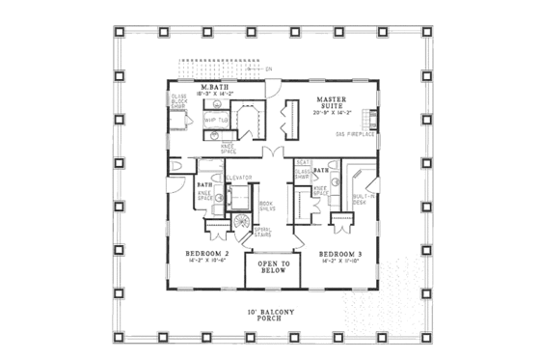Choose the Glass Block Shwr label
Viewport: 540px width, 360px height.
pyautogui.click(x=179, y=102)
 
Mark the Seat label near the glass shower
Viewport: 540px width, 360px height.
pyautogui.click(x=302, y=162)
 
